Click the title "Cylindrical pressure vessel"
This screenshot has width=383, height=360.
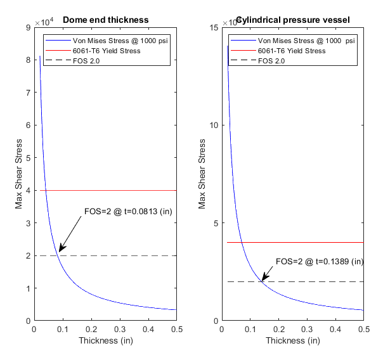point(292,20)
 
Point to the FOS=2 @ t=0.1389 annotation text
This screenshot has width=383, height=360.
point(319,261)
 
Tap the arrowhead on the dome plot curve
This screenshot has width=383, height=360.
point(60,251)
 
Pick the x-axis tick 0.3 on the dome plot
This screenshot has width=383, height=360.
point(120,330)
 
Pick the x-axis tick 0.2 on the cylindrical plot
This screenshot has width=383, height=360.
point(278,330)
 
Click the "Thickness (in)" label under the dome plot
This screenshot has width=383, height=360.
point(106,341)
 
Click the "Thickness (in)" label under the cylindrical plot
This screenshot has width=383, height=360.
point(292,341)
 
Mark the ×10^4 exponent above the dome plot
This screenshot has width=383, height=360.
point(44,22)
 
